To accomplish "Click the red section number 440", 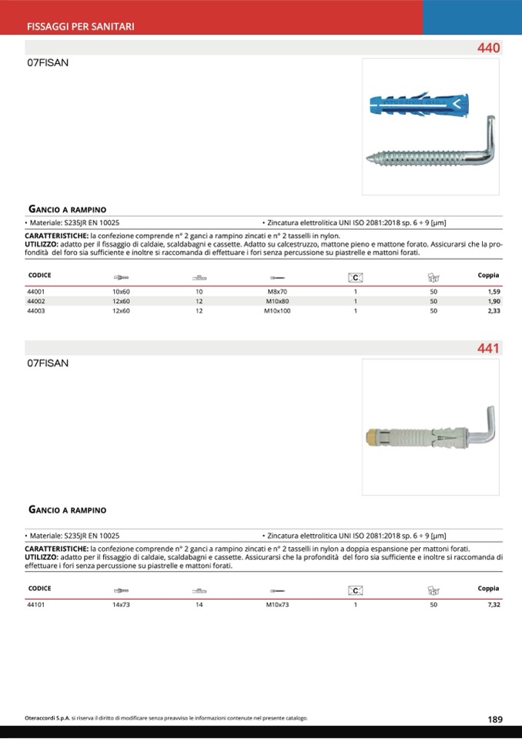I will click(488, 49).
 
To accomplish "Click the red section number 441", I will click(488, 348).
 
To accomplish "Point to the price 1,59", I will click(494, 292).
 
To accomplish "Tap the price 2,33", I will click(494, 311).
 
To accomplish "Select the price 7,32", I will click(494, 605).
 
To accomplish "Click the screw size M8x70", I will click(276, 292).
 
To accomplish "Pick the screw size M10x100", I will click(277, 311).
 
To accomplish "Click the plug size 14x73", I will click(122, 605).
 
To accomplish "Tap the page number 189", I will click(495, 719).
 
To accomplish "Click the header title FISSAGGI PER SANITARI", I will click(81, 26).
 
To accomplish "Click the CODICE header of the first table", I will click(39, 275).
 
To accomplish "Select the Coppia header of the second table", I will click(488, 588).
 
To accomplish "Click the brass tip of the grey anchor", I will click(373, 437).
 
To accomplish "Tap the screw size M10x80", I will click(276, 302).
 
